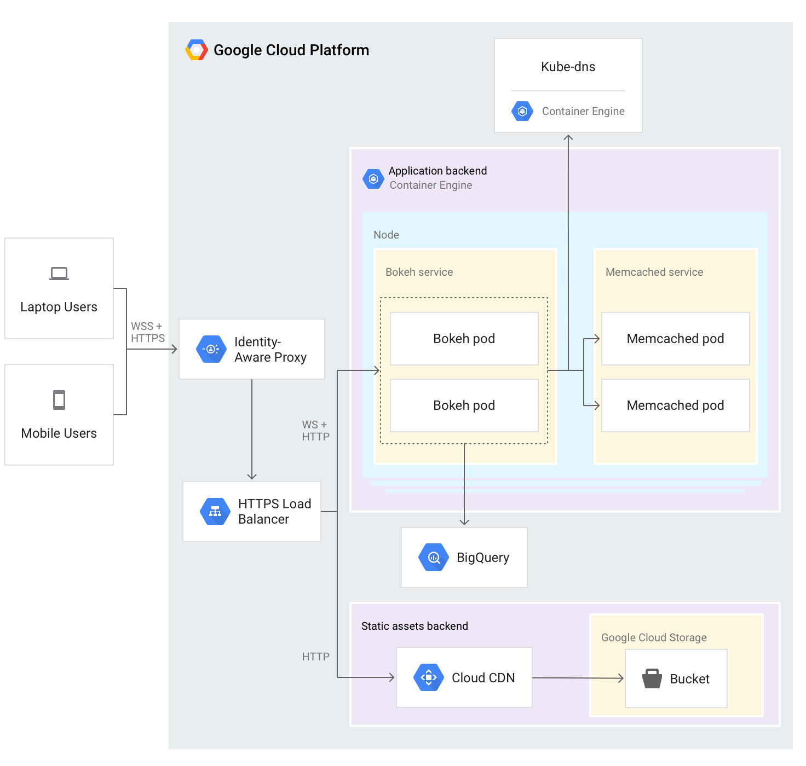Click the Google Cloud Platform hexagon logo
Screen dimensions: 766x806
point(197,50)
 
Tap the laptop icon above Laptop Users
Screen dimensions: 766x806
point(59,273)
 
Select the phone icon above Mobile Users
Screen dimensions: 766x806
point(59,400)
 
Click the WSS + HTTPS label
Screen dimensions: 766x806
point(147,332)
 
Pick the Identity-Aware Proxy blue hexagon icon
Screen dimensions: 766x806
point(211,349)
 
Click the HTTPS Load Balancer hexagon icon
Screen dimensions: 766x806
point(215,512)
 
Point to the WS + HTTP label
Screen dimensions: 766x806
point(315,431)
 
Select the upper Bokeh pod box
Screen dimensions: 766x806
point(464,339)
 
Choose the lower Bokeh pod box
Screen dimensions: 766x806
point(464,405)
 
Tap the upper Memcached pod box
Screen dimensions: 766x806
point(675,339)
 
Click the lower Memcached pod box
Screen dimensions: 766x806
point(675,405)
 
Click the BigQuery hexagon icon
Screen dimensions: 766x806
point(434,558)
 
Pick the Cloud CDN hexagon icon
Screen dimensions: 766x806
point(429,677)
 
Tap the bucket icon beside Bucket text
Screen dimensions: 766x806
point(652,678)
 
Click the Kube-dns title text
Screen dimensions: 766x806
point(568,67)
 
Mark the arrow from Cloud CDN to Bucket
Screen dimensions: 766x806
point(578,678)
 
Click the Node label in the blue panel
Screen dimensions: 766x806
point(386,235)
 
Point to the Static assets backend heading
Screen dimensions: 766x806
point(414,626)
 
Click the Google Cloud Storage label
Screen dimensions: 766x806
point(654,637)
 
